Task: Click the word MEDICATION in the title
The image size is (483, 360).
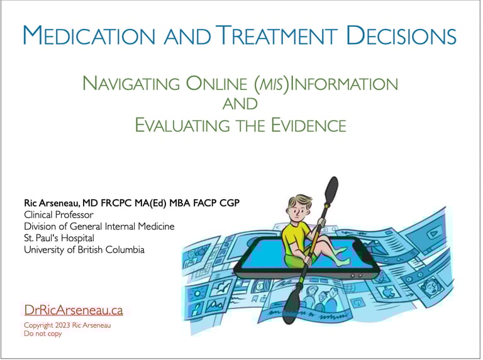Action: (89, 35)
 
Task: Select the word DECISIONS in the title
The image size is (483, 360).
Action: (401, 35)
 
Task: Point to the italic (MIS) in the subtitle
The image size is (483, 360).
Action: (272, 84)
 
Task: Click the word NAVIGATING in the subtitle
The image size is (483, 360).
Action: (131, 84)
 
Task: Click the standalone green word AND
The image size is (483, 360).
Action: (240, 104)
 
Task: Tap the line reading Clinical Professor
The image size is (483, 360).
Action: (58, 214)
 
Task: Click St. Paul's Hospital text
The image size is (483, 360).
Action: (59, 238)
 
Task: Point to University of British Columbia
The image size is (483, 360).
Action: (84, 249)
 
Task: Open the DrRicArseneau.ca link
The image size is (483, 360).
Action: (74, 310)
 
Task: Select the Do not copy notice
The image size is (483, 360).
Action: (43, 334)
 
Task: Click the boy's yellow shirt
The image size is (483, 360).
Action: (295, 238)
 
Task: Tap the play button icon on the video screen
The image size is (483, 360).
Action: (433, 234)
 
